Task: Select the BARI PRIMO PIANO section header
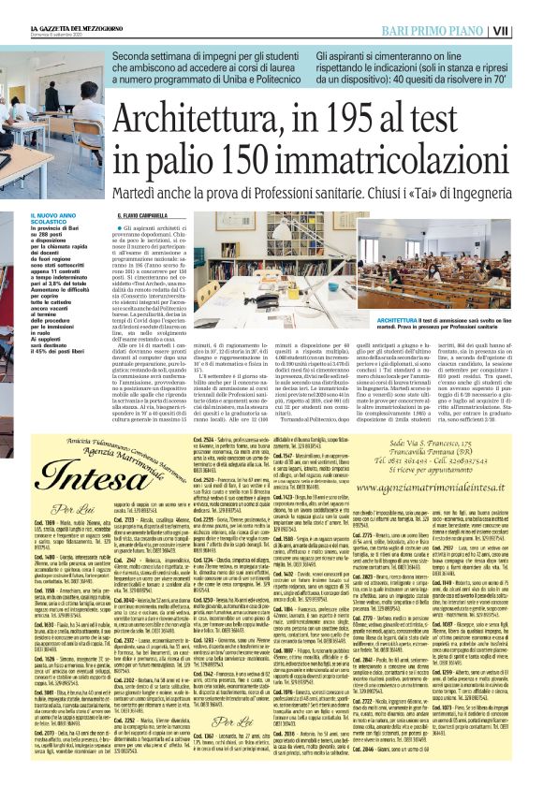point(454,31)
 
